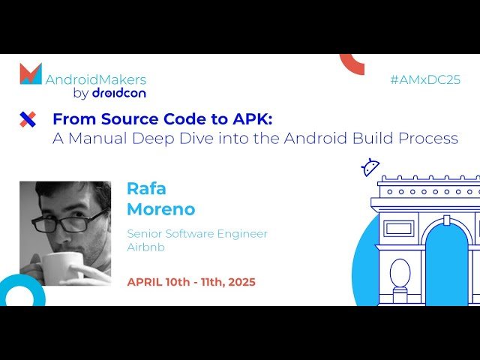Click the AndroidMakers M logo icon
click(x=31, y=74)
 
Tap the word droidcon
click(x=118, y=94)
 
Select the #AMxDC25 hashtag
click(x=425, y=79)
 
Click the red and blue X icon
click(x=28, y=118)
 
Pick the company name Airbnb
click(x=146, y=247)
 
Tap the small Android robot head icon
click(x=370, y=167)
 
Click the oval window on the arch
click(x=400, y=274)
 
